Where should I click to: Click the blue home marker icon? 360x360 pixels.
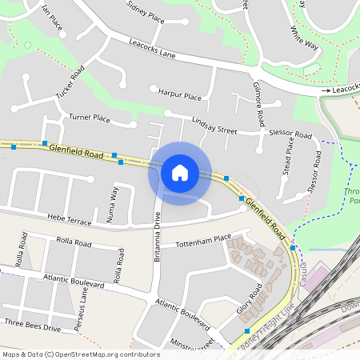pyautogui.click(x=180, y=172)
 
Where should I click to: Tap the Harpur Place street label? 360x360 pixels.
pyautogui.click(x=180, y=96)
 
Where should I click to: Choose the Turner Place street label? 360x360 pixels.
pyautogui.click(x=90, y=118)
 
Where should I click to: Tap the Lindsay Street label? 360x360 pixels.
pyautogui.click(x=214, y=125)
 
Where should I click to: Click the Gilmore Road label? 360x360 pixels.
pyautogui.click(x=258, y=106)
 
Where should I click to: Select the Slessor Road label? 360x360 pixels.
pyautogui.click(x=290, y=134)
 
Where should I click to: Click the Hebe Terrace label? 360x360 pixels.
pyautogui.click(x=70, y=218)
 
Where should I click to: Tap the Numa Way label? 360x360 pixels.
pyautogui.click(x=114, y=204)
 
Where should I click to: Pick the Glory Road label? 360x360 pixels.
pyautogui.click(x=250, y=298)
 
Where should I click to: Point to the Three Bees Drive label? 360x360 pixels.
pyautogui.click(x=32, y=328)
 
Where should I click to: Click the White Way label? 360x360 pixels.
pyautogui.click(x=303, y=38)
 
